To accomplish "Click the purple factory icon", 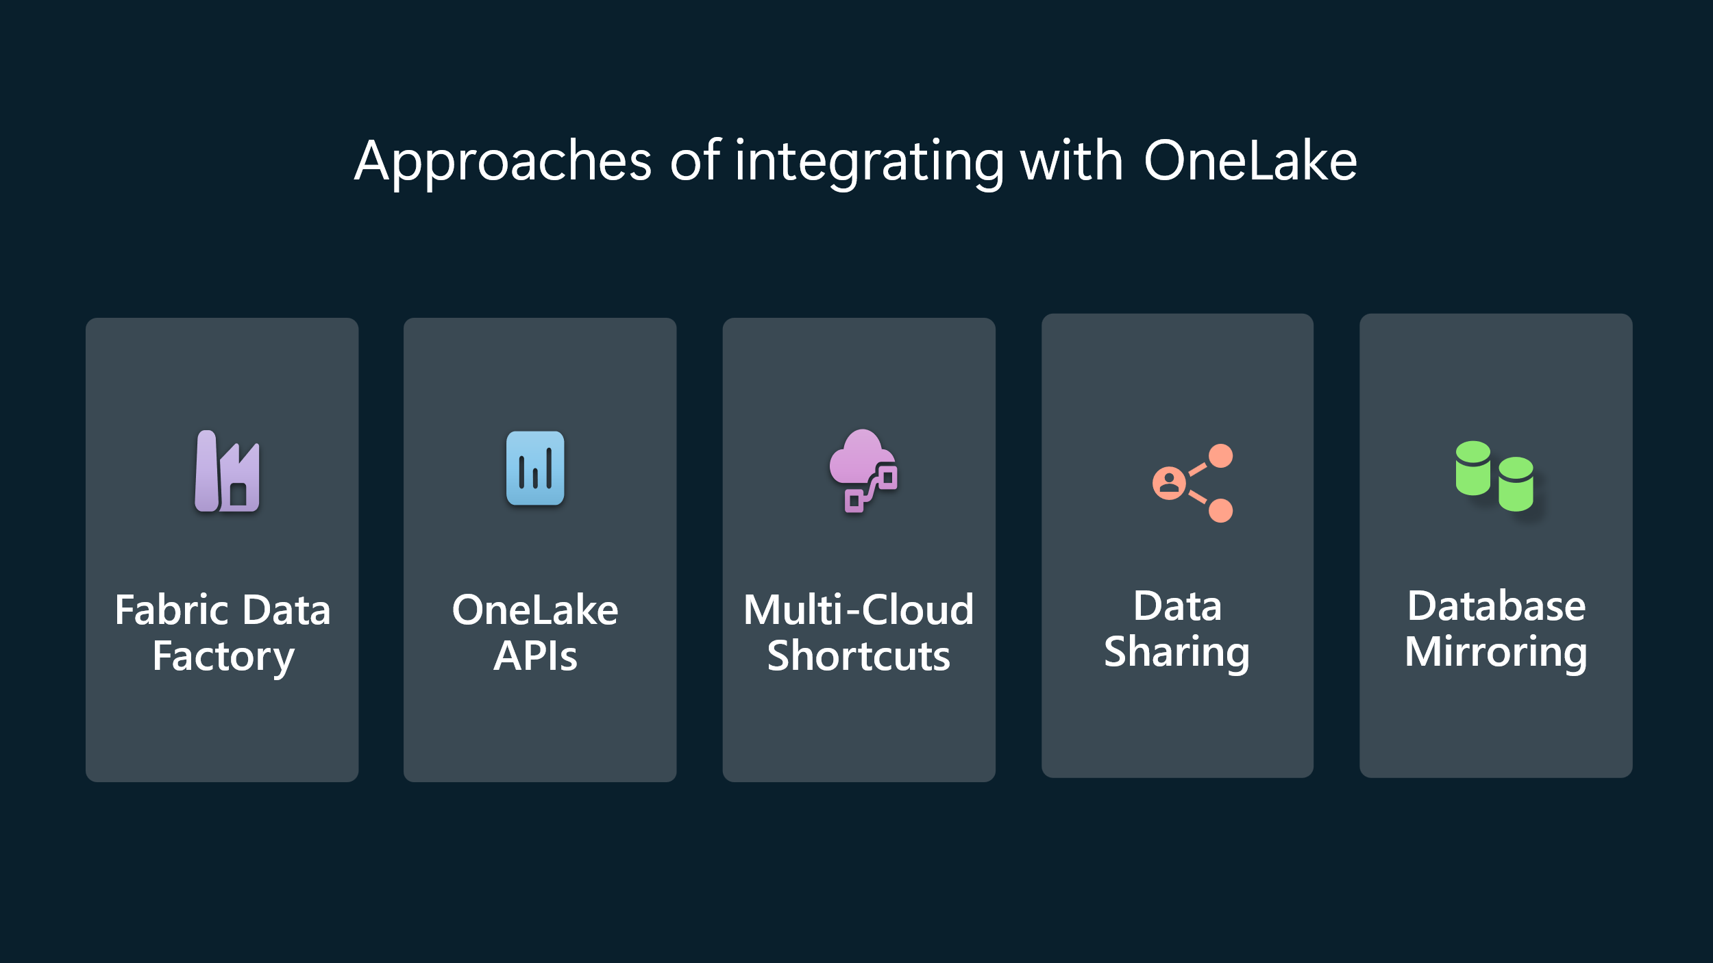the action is [x=227, y=471].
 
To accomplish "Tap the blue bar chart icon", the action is [x=535, y=468].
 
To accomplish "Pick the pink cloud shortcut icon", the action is [x=863, y=471].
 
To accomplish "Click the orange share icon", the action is [x=1192, y=483].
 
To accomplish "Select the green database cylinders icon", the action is [x=1494, y=476].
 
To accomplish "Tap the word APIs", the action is [x=535, y=656].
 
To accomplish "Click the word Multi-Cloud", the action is [x=859, y=610].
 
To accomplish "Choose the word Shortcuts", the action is [x=859, y=656].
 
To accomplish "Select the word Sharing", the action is [x=1177, y=652].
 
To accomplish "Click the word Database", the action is [x=1496, y=606].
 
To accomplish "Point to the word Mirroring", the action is [x=1496, y=652].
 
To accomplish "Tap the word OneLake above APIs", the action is [x=535, y=610].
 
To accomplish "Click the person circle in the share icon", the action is [x=1170, y=483].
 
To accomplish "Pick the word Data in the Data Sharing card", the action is [x=1177, y=606].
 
